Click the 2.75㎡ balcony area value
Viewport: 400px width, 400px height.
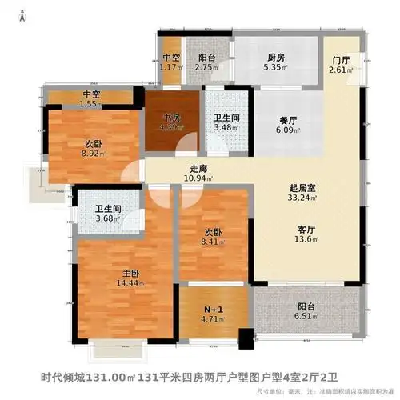[x=208, y=69]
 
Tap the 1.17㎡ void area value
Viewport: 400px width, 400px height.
[x=171, y=69]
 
